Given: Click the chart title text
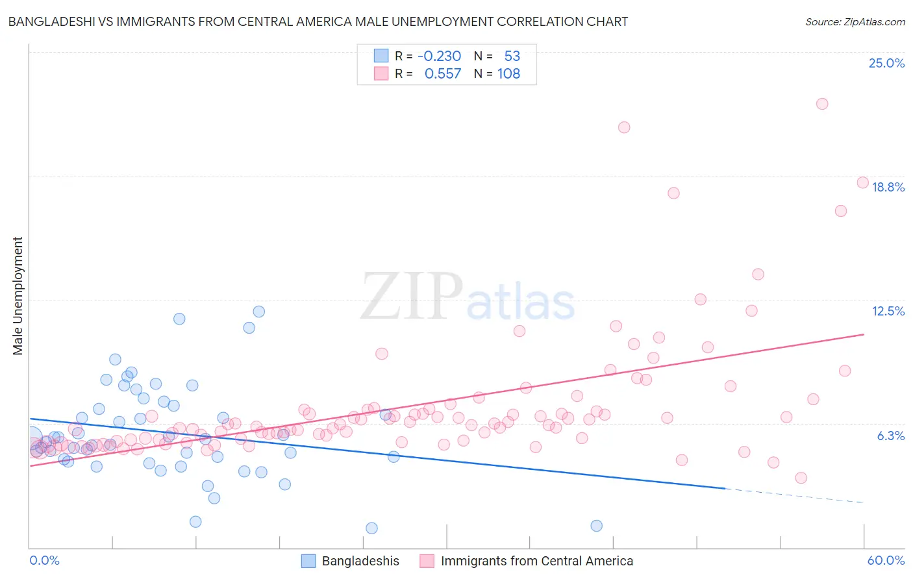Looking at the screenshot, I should point(318,21).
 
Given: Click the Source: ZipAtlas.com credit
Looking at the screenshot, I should point(855,21).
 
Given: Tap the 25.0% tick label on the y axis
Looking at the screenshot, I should point(886,63).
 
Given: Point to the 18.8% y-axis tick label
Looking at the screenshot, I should point(888,187).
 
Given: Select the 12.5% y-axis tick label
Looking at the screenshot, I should point(888,311).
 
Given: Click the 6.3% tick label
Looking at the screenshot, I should point(890,436).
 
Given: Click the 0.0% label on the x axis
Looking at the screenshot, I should point(44,560).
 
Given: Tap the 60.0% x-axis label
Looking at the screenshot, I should point(886,560).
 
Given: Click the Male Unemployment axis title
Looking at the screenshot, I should point(18,296).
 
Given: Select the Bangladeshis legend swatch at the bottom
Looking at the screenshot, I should point(308,561).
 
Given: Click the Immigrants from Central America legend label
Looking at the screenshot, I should point(536,561).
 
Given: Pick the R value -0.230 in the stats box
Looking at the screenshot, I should point(439,56).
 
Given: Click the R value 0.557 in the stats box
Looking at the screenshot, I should point(442,74).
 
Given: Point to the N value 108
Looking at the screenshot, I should point(508,74).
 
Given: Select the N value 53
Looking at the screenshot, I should point(512,56).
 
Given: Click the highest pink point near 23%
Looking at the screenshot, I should point(822,104).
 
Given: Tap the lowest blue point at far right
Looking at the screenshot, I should point(596,526).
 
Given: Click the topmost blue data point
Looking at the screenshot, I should point(258,312).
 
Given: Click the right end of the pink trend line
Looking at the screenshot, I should point(863,334).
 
